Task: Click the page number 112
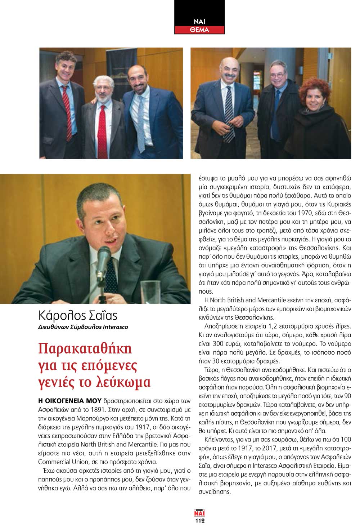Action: tap(200, 520)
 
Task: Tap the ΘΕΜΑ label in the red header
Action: tap(199, 30)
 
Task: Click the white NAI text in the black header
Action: tap(199, 22)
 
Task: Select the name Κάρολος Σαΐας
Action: tap(78, 316)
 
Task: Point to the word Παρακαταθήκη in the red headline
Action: tap(85, 348)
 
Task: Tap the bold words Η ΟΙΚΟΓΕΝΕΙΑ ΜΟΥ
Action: tap(69, 401)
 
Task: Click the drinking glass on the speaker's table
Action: tap(150, 292)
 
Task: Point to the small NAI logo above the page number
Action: tap(199, 513)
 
